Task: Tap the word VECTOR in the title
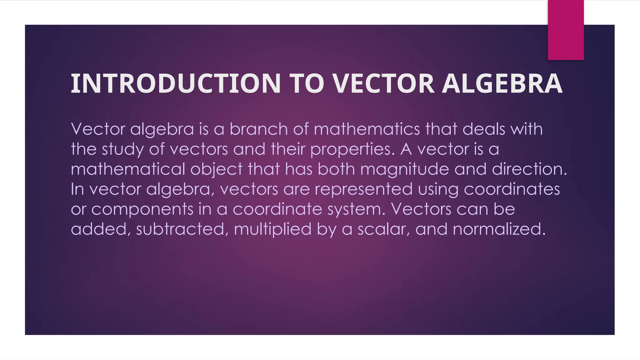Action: (383, 83)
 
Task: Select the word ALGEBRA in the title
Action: (502, 83)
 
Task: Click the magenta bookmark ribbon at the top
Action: (566, 30)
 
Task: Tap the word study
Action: (123, 149)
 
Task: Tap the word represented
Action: (363, 189)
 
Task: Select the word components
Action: (142, 209)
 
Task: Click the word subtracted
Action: (180, 229)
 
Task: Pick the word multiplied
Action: (272, 230)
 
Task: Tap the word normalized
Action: (499, 229)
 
